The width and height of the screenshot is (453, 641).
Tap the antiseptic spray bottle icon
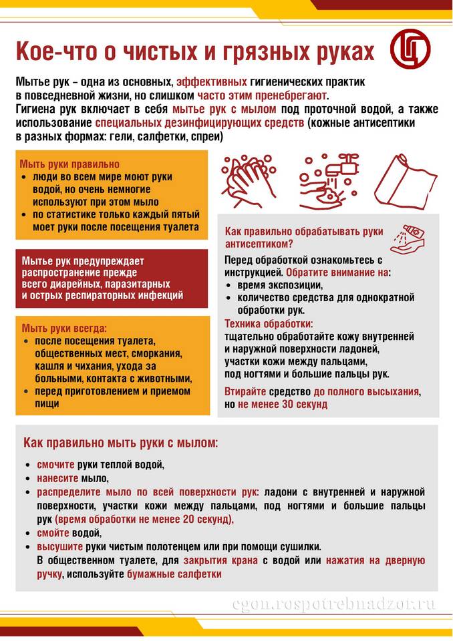tap(408, 238)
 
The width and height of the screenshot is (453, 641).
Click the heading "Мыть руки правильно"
tap(69, 164)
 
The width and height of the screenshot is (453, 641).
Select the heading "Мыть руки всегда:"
tap(64, 328)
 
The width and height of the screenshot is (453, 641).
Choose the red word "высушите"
tap(57, 546)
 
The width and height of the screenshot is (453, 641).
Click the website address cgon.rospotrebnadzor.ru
tap(333, 604)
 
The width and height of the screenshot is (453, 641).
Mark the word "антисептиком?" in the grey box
tap(259, 244)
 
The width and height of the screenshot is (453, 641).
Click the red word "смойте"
tap(51, 533)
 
